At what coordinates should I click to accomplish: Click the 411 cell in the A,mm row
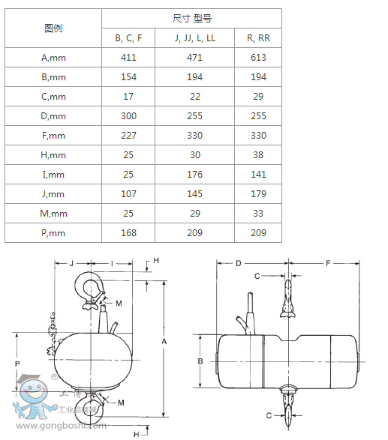click(x=128, y=57)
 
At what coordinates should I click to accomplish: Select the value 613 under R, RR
click(x=258, y=57)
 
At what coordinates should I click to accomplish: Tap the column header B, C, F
click(x=128, y=37)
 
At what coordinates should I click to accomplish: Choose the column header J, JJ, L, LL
click(x=194, y=37)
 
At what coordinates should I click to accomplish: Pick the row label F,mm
click(x=53, y=136)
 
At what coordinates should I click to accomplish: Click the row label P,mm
click(x=53, y=233)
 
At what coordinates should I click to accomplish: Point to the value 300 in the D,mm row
click(x=128, y=116)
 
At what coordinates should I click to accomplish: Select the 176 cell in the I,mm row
click(x=194, y=175)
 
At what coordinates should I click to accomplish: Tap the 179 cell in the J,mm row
click(x=258, y=194)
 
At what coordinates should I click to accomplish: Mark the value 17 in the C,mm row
click(x=128, y=97)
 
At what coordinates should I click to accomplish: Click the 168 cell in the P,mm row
click(x=128, y=233)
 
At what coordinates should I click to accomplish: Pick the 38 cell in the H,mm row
click(x=258, y=155)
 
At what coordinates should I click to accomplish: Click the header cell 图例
click(x=53, y=28)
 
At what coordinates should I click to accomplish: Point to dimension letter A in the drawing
click(x=164, y=341)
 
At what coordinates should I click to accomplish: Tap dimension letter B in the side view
click(x=200, y=361)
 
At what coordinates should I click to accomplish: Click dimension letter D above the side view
click(x=238, y=264)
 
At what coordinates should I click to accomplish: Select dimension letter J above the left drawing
click(x=71, y=264)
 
